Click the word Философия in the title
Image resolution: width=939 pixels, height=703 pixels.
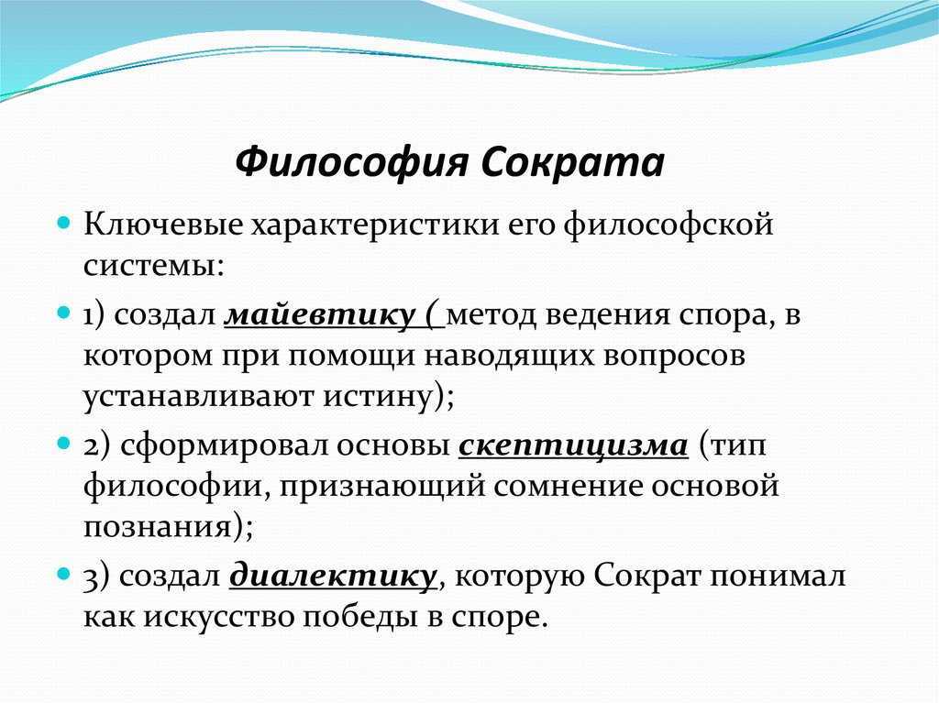tap(351, 162)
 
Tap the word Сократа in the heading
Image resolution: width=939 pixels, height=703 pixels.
tap(573, 162)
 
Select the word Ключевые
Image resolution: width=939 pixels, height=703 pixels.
tap(163, 225)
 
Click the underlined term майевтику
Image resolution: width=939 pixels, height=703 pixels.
tap(320, 315)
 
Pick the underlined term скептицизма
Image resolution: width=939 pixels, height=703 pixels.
tap(573, 446)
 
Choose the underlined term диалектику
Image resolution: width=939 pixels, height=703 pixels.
tap(334, 576)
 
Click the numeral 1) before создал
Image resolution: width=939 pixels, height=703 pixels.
tap(94, 316)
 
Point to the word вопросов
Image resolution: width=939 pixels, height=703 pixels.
tap(674, 357)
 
